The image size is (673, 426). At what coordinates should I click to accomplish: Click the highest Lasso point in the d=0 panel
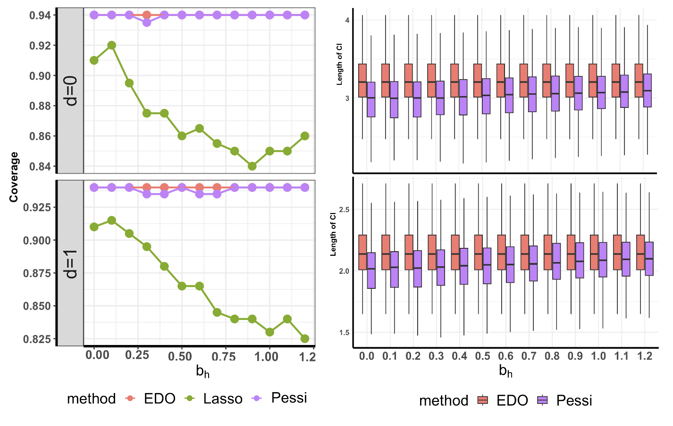click(x=111, y=45)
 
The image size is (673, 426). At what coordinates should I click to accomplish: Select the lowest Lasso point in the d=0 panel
click(x=252, y=166)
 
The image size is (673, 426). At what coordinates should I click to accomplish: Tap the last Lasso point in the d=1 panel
click(x=305, y=339)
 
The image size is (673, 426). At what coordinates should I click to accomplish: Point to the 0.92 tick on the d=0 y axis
click(x=40, y=46)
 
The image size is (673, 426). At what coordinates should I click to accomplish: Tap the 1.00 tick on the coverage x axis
click(x=267, y=356)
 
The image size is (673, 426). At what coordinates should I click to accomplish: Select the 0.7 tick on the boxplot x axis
click(x=529, y=356)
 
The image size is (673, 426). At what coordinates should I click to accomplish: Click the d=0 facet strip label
click(x=70, y=90)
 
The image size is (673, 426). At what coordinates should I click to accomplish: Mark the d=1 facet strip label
click(x=70, y=263)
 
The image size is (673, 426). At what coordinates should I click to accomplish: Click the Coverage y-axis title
click(x=14, y=177)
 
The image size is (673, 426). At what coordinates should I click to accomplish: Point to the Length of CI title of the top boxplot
click(x=339, y=65)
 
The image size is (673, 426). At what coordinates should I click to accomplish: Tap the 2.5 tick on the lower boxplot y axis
click(x=344, y=210)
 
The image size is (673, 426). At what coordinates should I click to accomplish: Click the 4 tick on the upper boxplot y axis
click(x=347, y=20)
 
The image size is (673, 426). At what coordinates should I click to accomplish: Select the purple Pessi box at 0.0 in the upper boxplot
click(x=371, y=99)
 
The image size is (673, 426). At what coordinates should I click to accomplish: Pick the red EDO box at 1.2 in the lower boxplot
click(x=640, y=252)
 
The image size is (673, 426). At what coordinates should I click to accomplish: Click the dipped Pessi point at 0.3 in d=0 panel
click(x=147, y=22)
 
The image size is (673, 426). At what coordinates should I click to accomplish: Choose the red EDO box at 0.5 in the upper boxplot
click(x=478, y=81)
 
